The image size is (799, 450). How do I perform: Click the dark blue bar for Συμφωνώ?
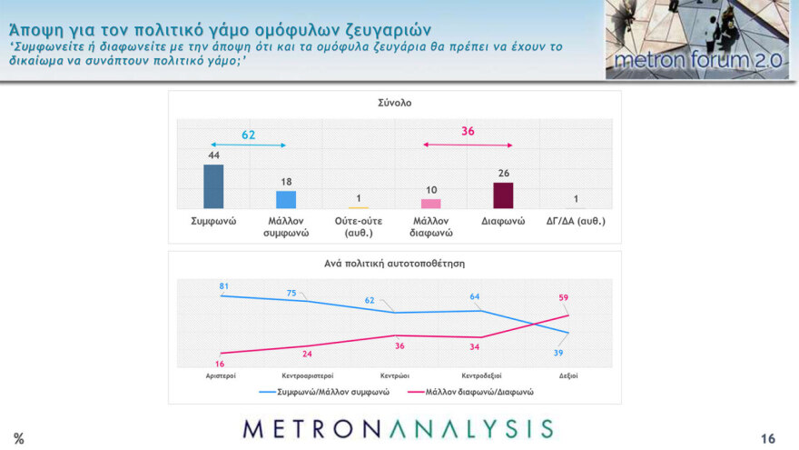point(213,186)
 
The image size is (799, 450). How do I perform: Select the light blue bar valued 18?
point(286,199)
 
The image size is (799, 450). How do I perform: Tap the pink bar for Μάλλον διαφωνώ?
point(430,204)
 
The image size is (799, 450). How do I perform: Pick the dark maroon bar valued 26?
point(503,195)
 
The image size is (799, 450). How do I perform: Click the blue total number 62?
point(248,135)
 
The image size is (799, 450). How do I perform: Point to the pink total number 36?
point(468,132)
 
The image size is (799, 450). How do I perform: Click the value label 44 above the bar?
point(213,155)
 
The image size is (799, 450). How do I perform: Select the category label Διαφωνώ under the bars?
point(503,221)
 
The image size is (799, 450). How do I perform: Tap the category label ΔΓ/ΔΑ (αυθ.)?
point(576,221)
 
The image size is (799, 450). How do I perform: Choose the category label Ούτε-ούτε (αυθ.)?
point(358,226)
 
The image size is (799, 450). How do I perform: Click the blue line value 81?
point(223,286)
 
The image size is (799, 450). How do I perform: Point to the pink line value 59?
point(563,297)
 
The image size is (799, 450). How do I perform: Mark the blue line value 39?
point(558,352)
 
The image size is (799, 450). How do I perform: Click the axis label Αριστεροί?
point(220,375)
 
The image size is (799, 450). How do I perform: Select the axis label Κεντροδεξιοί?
point(481,375)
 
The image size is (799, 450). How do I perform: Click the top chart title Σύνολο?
point(394,103)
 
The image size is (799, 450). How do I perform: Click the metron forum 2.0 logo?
point(697,40)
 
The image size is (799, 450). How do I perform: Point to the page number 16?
point(768,438)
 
